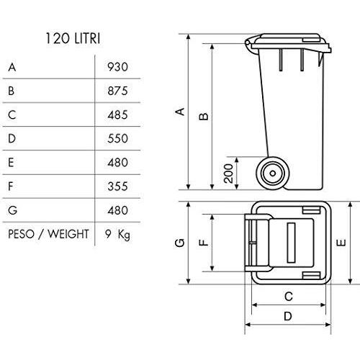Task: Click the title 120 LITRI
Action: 73,38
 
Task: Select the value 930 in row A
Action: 117,67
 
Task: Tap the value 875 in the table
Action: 117,91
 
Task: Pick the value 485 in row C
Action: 117,115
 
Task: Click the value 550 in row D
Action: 117,138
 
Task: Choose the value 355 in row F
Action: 117,186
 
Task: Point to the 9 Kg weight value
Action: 117,235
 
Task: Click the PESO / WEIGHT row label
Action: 48,234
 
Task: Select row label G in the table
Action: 12,210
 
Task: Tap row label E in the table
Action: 11,163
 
